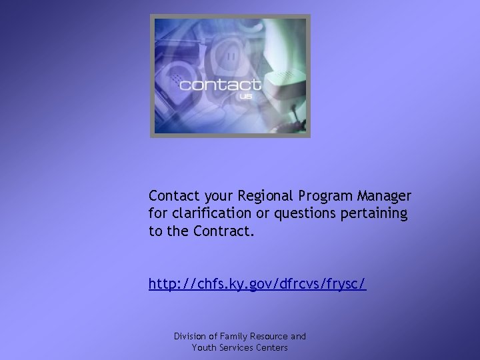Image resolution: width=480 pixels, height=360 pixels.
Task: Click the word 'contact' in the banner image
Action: pos(219,85)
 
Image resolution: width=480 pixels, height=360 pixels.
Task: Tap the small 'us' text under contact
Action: pos(245,97)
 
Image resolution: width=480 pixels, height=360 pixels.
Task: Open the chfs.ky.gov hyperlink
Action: pos(257,284)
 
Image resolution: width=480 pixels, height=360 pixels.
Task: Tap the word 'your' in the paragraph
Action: pos(213,196)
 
